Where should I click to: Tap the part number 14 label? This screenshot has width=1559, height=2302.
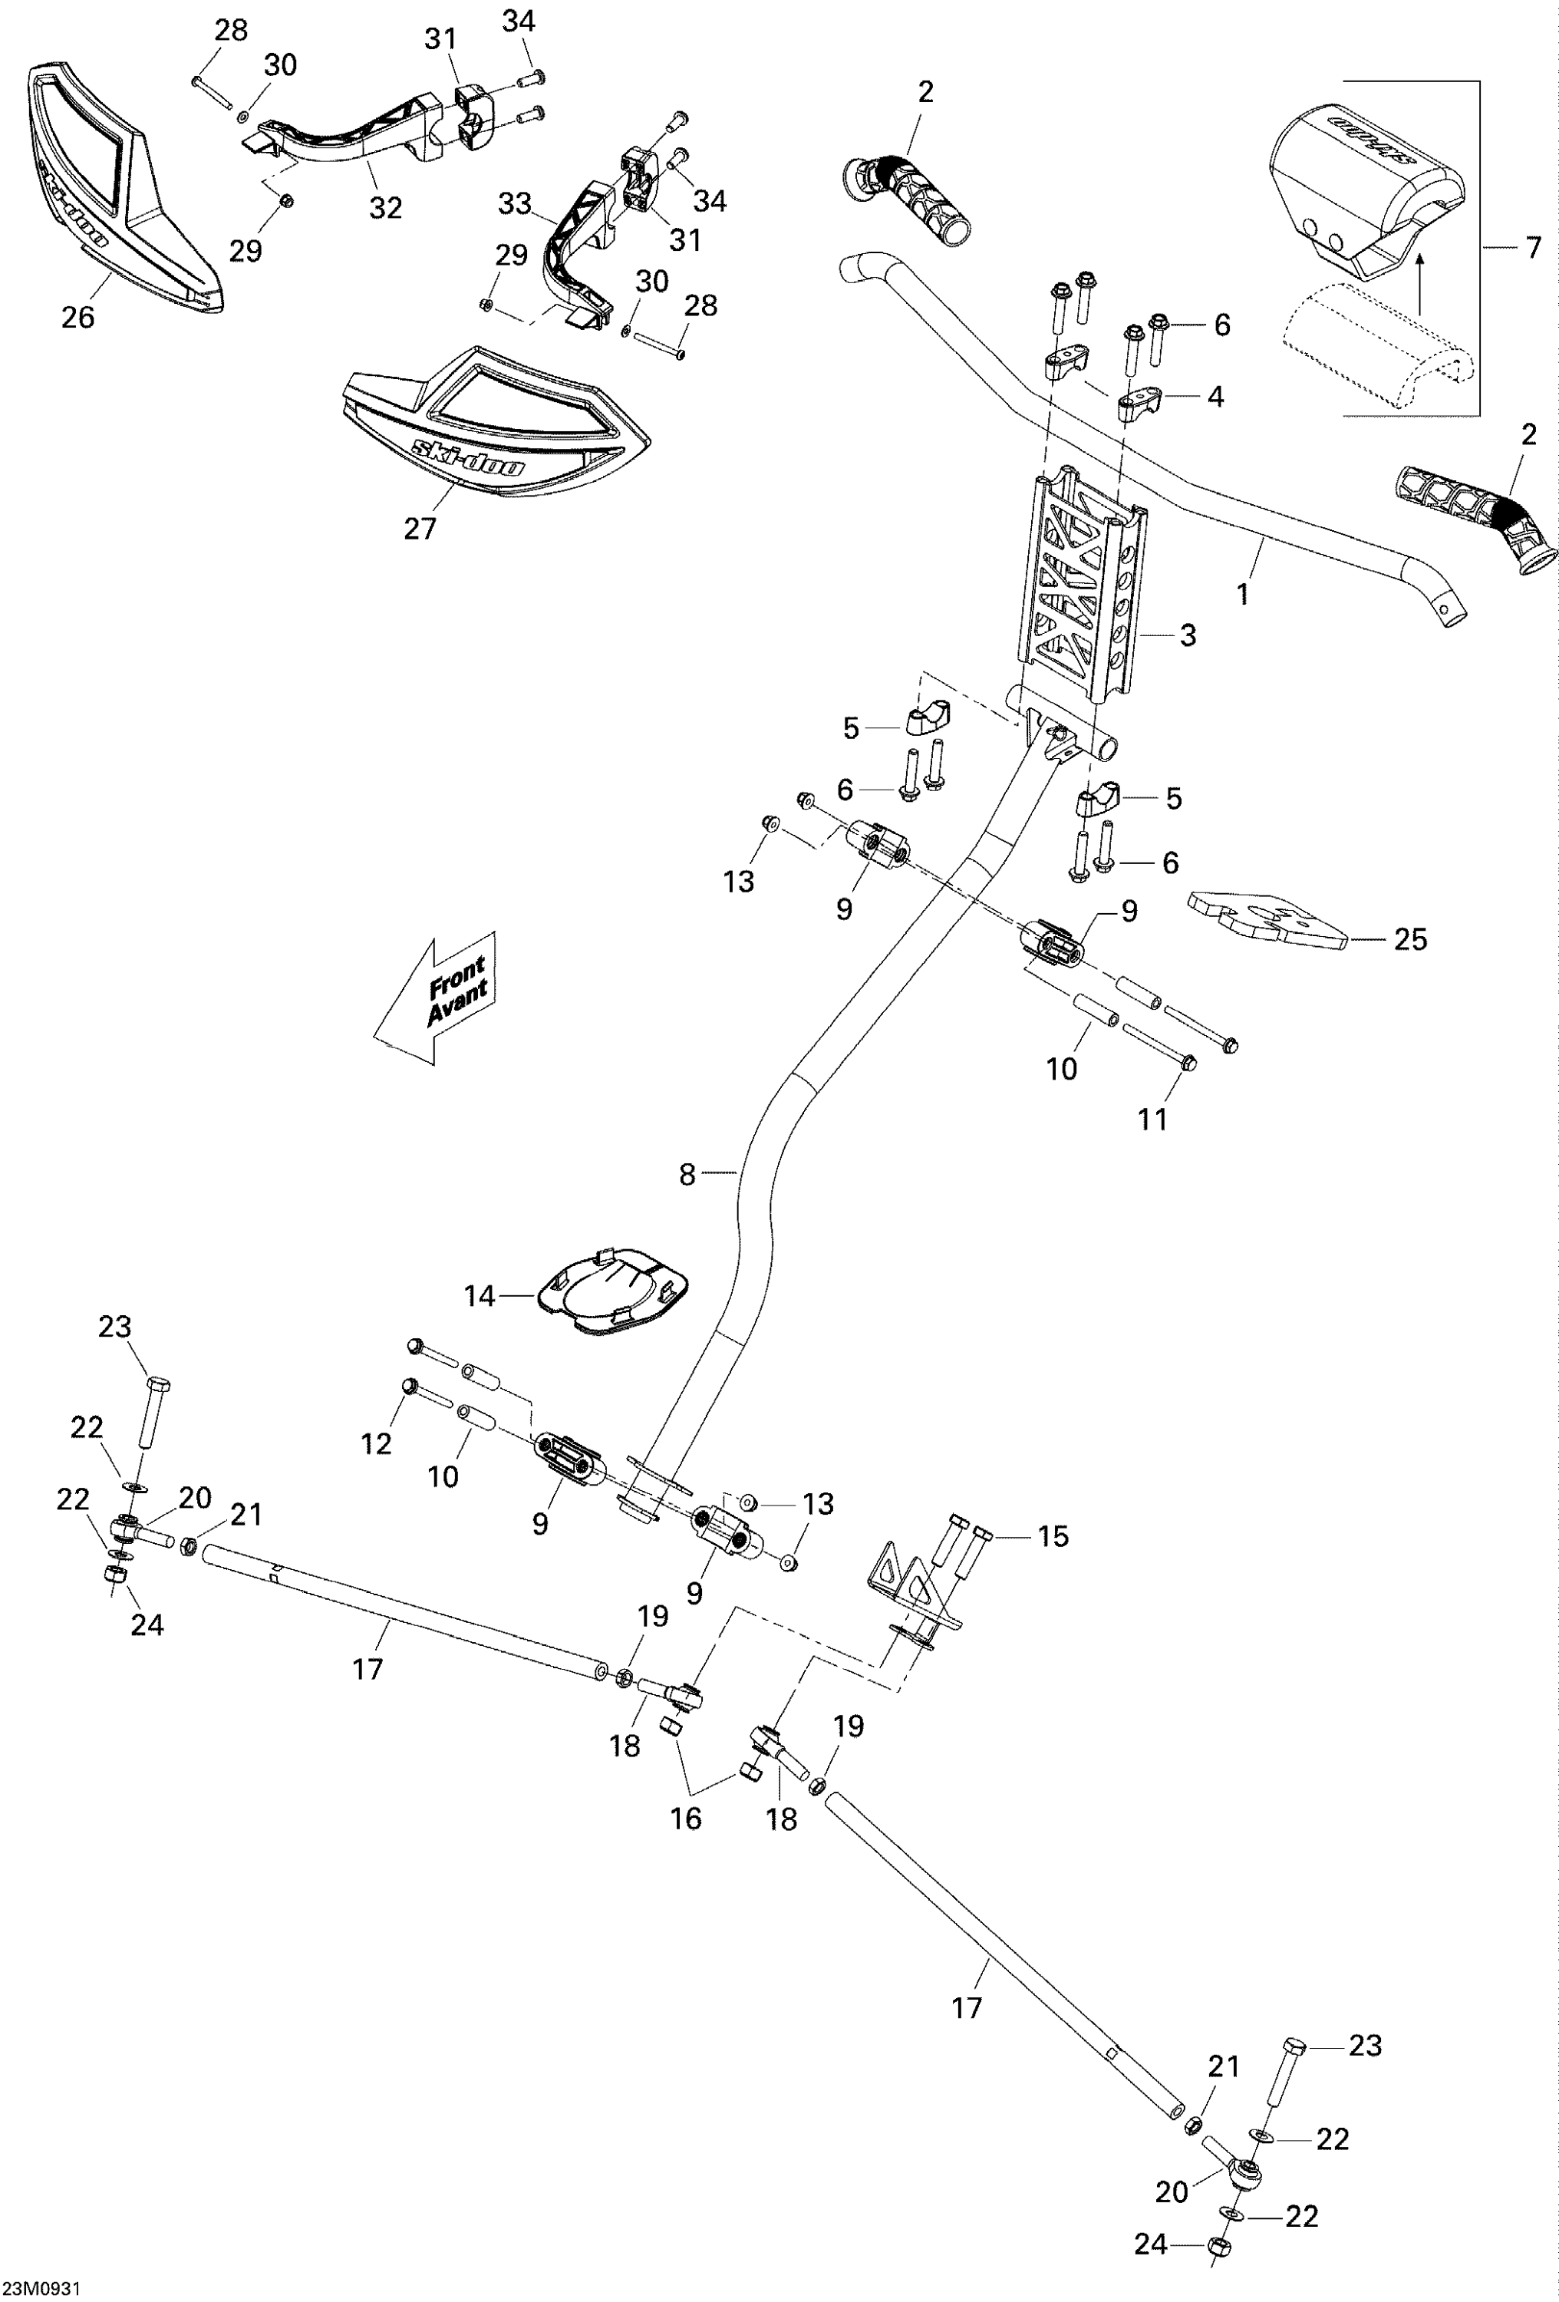[480, 1295]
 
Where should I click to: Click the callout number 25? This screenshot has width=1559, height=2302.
[1410, 939]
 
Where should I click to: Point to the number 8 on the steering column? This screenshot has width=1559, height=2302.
[688, 1175]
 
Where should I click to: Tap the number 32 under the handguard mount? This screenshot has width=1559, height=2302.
[385, 207]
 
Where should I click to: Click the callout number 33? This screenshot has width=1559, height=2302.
[515, 204]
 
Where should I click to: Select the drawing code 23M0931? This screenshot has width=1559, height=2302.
[41, 2289]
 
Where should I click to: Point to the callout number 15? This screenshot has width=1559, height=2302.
[1053, 1536]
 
